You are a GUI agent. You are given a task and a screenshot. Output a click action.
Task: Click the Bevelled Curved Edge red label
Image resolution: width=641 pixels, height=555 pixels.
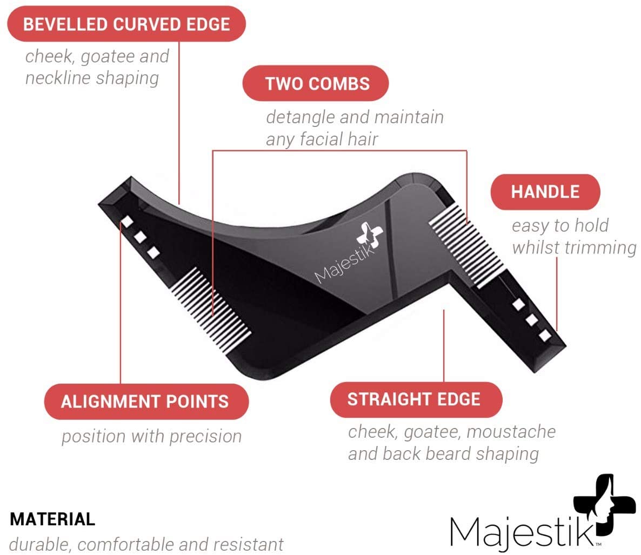point(126,24)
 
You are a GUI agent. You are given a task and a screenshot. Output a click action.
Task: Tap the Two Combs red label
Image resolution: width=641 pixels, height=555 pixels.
point(316,83)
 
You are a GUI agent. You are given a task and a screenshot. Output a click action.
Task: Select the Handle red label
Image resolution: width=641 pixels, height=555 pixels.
point(545,192)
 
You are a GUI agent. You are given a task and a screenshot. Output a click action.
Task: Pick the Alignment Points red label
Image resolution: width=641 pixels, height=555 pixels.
point(146,402)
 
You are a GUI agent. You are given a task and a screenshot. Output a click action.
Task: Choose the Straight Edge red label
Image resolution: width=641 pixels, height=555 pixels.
point(416,400)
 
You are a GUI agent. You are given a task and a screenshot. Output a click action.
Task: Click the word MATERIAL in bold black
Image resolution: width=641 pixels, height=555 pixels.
point(53,519)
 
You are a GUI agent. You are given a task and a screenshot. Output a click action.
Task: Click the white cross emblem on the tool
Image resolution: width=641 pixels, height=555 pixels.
point(370,236)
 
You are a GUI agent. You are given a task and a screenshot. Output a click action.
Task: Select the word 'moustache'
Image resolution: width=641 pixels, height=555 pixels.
point(511,432)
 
